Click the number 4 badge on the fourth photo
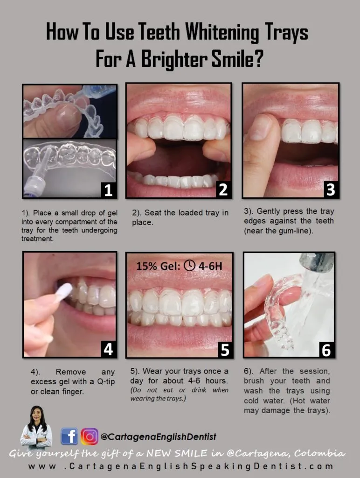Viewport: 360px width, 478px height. coord(108,349)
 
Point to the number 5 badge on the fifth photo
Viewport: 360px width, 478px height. coord(224,349)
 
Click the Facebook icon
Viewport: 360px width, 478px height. coord(69,436)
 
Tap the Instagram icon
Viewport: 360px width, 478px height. coord(90,436)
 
